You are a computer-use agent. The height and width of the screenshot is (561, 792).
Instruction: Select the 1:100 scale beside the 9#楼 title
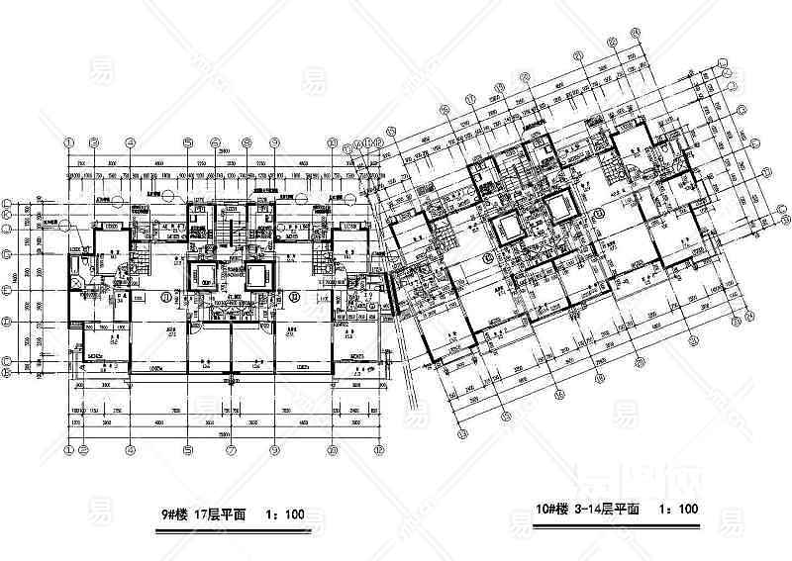point(284,514)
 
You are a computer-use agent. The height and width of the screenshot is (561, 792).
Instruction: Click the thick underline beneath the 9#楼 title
point(242,527)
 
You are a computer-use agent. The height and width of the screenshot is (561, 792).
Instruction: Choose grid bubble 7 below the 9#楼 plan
point(230,449)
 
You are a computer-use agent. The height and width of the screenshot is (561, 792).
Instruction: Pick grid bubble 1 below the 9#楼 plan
point(70,449)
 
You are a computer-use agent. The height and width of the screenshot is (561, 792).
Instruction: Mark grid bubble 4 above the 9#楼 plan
point(130,141)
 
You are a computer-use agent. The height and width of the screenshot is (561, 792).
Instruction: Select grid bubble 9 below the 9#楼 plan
point(273,449)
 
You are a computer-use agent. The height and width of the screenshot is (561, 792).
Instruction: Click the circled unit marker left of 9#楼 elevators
point(159,296)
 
